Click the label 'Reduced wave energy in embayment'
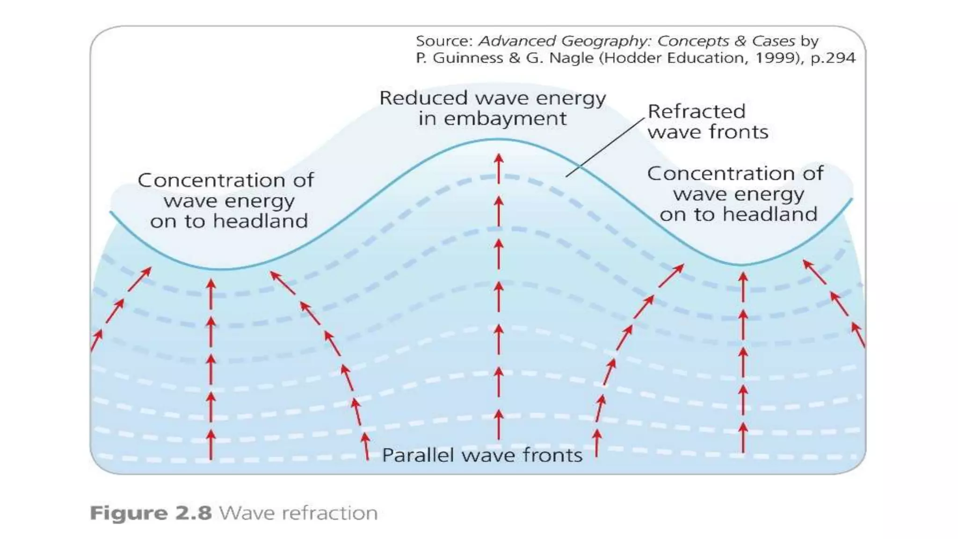pos(492,108)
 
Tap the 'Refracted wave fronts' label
pos(707,122)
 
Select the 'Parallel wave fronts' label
pos(482,455)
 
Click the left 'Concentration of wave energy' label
pos(226,201)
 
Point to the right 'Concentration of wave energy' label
pos(736,194)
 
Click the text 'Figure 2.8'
pos(151,513)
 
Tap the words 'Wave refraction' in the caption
pos(298,513)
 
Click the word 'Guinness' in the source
pos(468,58)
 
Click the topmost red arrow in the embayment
pos(499,168)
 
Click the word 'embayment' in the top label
pos(505,118)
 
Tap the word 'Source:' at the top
pos(444,41)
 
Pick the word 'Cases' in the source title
pos(773,41)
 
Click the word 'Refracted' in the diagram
pos(696,111)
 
